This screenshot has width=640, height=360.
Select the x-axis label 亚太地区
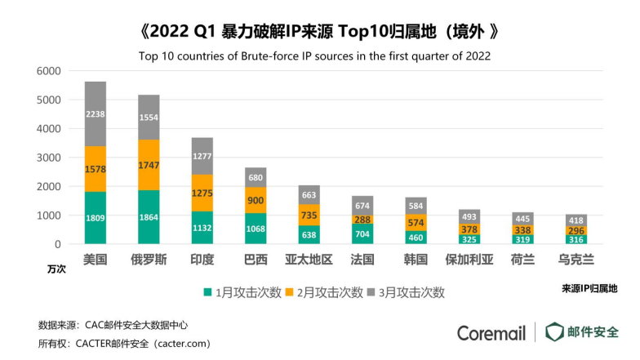click(310, 260)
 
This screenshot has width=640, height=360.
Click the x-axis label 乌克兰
click(576, 260)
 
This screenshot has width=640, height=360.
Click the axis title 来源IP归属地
click(589, 288)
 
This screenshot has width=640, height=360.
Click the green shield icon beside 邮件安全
click(555, 332)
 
